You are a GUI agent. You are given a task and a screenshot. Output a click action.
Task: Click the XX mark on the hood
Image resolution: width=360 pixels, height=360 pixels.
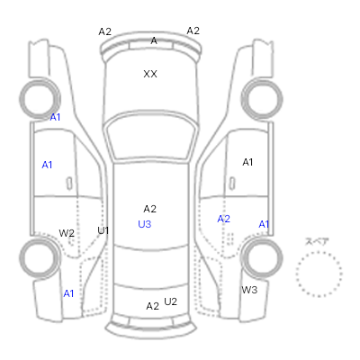(x=150, y=74)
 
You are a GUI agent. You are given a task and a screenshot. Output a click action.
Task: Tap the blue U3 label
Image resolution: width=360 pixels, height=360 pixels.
(x=144, y=224)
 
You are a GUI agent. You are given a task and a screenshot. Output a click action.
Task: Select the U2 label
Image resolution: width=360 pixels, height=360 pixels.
(x=170, y=301)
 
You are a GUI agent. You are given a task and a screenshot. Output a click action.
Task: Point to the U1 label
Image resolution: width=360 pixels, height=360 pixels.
(x=103, y=230)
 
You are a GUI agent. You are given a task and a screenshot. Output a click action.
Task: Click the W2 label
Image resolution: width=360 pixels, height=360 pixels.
(x=67, y=233)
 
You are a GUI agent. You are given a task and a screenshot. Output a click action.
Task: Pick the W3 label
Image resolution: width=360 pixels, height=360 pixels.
(x=249, y=290)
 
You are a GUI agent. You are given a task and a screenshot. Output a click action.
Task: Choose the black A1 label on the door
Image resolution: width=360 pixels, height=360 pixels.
(x=247, y=162)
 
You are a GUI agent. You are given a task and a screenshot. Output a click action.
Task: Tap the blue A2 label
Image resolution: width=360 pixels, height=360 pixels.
(x=223, y=219)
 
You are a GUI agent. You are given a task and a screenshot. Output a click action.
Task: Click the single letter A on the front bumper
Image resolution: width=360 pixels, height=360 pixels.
(x=154, y=40)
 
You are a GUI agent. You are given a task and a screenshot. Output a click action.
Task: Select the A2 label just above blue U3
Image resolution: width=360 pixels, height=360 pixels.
(x=149, y=209)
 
